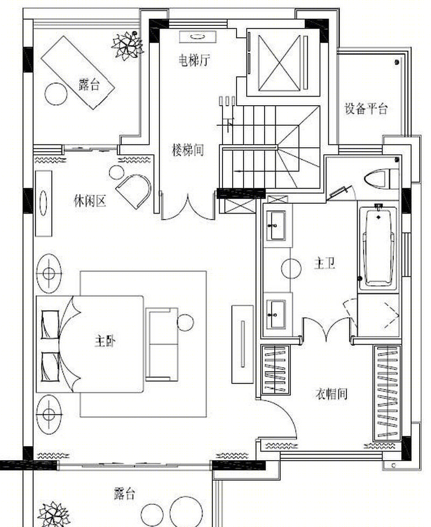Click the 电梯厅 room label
tap(194, 60)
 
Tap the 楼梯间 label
tap(187, 150)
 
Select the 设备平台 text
tap(366, 109)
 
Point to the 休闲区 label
tap(90, 201)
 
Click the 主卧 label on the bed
tap(105, 341)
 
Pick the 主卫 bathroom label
tap(324, 263)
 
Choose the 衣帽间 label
tap(331, 394)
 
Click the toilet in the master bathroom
tap(381, 179)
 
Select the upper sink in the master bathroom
tap(276, 225)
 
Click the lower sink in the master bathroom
tap(276, 314)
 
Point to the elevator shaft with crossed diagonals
tap(279, 63)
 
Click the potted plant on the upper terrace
tap(127, 45)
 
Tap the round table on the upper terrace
tap(55, 94)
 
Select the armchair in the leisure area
tap(134, 190)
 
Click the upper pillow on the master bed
tap(50, 324)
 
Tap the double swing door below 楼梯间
tap(188, 207)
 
